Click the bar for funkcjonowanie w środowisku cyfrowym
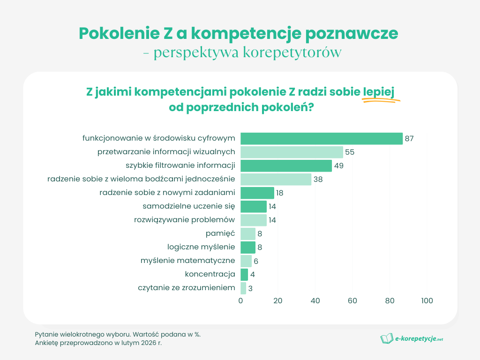322,138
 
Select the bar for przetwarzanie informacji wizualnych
292,152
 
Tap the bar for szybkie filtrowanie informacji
286,165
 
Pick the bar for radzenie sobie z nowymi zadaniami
257,193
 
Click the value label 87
409,139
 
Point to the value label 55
350,152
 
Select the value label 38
318,180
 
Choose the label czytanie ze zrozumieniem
186,287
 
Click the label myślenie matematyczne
187,260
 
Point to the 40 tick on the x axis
315,301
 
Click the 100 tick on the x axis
427,301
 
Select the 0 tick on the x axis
241,301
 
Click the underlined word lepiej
378,92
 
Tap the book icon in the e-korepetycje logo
387,338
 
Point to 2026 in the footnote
140,343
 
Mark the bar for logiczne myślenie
248,247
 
